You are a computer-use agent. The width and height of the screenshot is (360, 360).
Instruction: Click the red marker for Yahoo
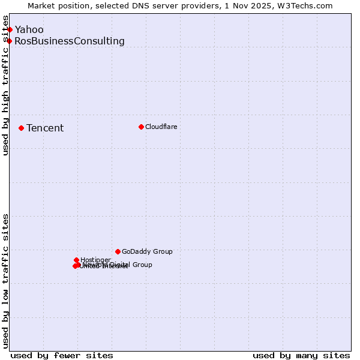pyautogui.click(x=10, y=29)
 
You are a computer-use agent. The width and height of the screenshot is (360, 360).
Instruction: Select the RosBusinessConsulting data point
pyautogui.click(x=10, y=41)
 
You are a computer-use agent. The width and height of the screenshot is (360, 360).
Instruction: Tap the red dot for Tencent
pyautogui.click(x=21, y=128)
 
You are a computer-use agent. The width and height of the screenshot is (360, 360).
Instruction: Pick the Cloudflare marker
pyautogui.click(x=141, y=127)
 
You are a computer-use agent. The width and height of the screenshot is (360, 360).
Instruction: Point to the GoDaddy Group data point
pyautogui.click(x=118, y=251)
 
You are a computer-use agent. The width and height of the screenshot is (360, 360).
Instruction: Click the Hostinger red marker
pyautogui.click(x=76, y=260)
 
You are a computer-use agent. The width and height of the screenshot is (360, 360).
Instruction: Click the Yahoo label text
pyautogui.click(x=29, y=30)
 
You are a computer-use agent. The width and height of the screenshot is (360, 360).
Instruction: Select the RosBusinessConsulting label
pyautogui.click(x=70, y=41)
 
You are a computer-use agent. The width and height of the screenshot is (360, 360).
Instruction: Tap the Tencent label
pyautogui.click(x=45, y=128)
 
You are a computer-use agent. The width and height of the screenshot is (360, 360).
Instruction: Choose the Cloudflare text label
pyautogui.click(x=161, y=127)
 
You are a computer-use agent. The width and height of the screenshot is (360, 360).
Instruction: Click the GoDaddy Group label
pyautogui.click(x=147, y=252)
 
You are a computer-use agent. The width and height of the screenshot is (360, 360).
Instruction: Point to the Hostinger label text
pyautogui.click(x=95, y=260)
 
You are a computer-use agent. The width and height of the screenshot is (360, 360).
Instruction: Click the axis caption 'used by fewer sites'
pyautogui.click(x=62, y=355)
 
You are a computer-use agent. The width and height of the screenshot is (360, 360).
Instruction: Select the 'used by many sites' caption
pyautogui.click(x=301, y=355)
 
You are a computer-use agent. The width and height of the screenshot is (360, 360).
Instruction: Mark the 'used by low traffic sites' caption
pyautogui.click(x=6, y=281)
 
